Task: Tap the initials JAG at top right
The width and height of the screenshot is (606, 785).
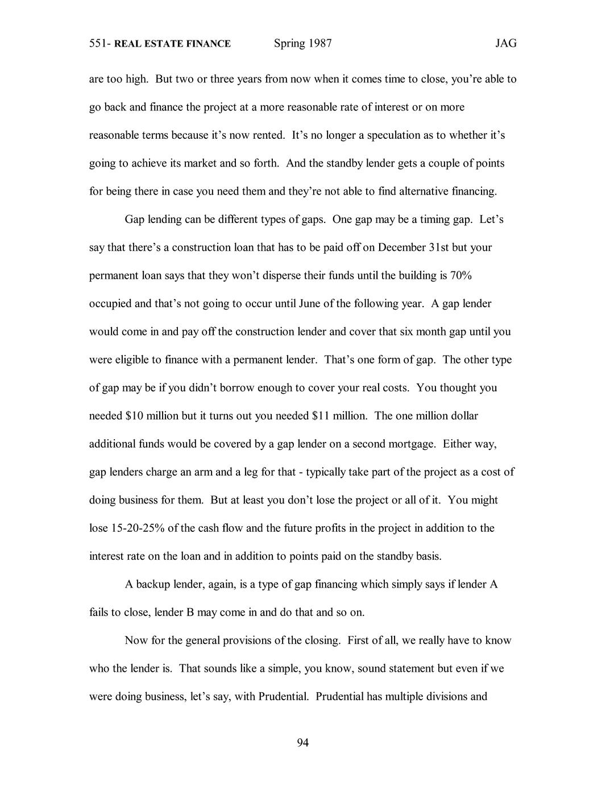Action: (505, 43)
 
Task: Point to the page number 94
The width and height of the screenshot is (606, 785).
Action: (303, 742)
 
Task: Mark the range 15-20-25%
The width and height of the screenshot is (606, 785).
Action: (136, 528)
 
